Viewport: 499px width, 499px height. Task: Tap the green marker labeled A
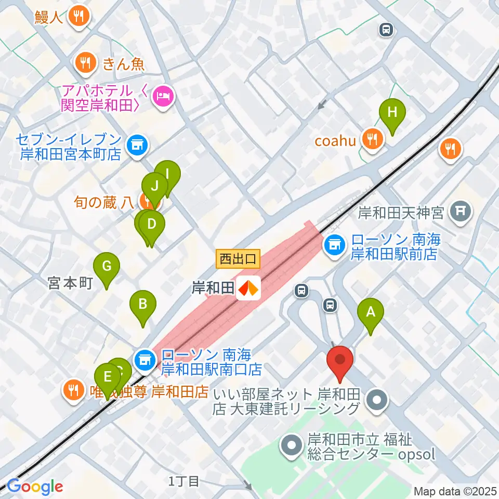coord(371,313)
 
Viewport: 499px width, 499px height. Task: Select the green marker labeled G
coord(107,267)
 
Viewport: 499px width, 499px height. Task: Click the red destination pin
coord(340,360)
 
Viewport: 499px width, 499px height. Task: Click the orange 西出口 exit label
coord(238,258)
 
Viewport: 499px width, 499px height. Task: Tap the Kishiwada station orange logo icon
coord(248,287)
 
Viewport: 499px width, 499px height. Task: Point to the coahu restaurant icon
coord(373,139)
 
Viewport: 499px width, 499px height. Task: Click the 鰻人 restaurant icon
coord(79,17)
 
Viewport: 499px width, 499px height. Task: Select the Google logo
coord(35,487)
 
